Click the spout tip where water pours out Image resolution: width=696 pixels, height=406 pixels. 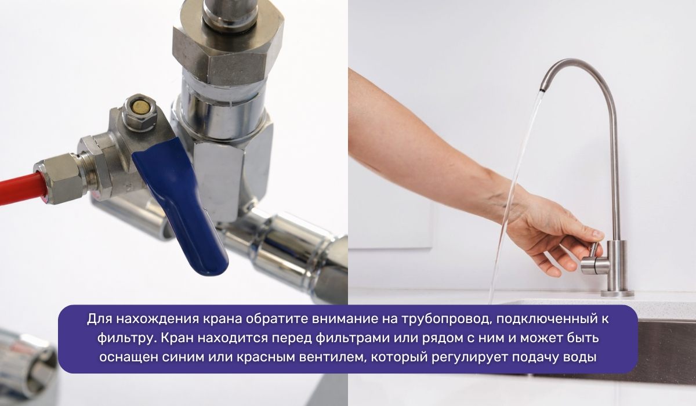542,89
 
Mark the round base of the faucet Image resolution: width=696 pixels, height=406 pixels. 617,293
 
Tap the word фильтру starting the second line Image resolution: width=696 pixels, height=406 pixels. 119,338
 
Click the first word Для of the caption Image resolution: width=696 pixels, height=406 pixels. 99,318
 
